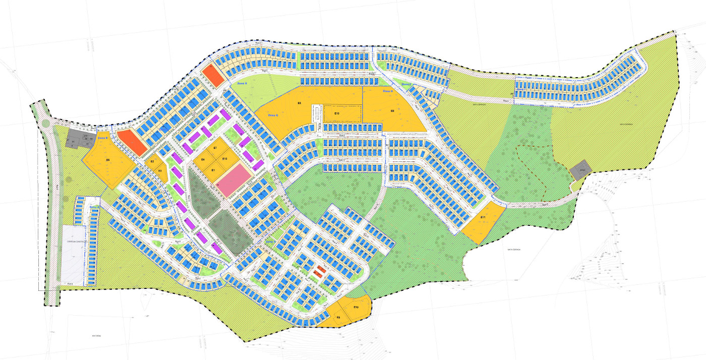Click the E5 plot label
tap(108, 160)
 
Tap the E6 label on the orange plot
tap(299, 103)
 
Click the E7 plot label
tap(215, 148)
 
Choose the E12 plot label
tap(225, 159)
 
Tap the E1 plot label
tap(213, 170)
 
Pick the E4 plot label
tap(203, 159)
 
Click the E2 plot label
tap(152, 161)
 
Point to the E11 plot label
tap(483, 217)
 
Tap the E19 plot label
tap(356, 307)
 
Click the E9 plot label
tap(338, 317)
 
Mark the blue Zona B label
tap(103, 138)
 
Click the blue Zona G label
tap(273, 115)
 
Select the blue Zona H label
tap(387, 91)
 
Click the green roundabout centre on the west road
tap(46, 123)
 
